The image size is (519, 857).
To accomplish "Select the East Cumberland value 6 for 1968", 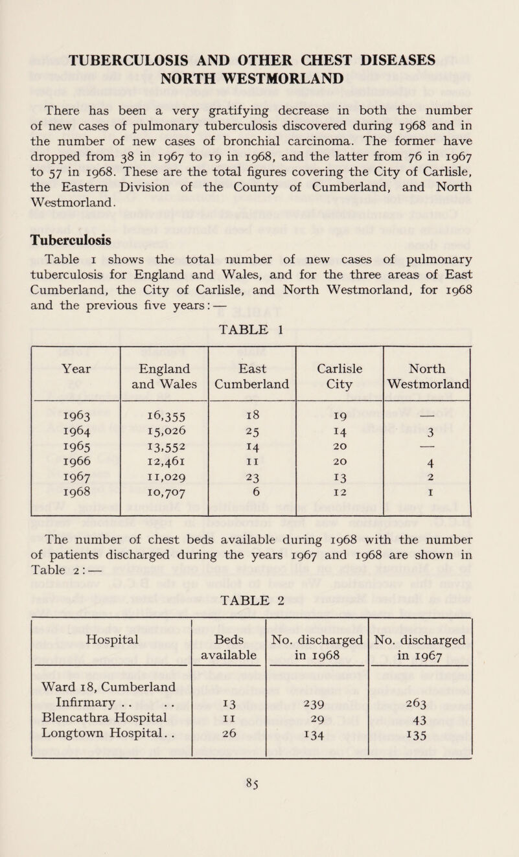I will coord(251,508).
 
